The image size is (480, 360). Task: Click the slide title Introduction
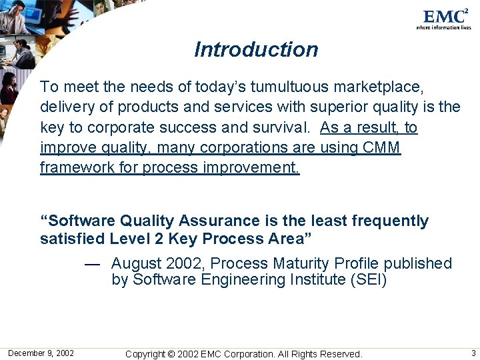point(256,50)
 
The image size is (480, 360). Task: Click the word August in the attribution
point(137,264)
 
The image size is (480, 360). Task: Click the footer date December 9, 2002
point(41,353)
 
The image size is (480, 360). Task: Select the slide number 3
point(473,353)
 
